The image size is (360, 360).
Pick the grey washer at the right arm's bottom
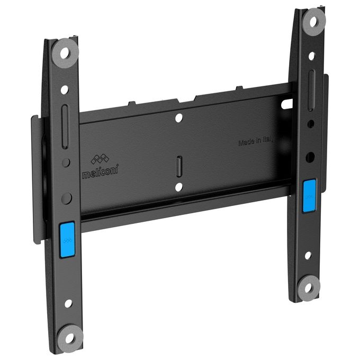(308, 287)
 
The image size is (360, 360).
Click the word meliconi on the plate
(101, 172)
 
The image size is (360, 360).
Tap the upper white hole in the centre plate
(179, 118)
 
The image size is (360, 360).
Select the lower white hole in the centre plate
(179, 186)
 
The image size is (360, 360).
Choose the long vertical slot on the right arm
(312, 84)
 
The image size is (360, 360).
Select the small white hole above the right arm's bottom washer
(308, 255)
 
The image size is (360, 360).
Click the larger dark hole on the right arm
(311, 156)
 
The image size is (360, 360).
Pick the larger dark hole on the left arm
(66, 199)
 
